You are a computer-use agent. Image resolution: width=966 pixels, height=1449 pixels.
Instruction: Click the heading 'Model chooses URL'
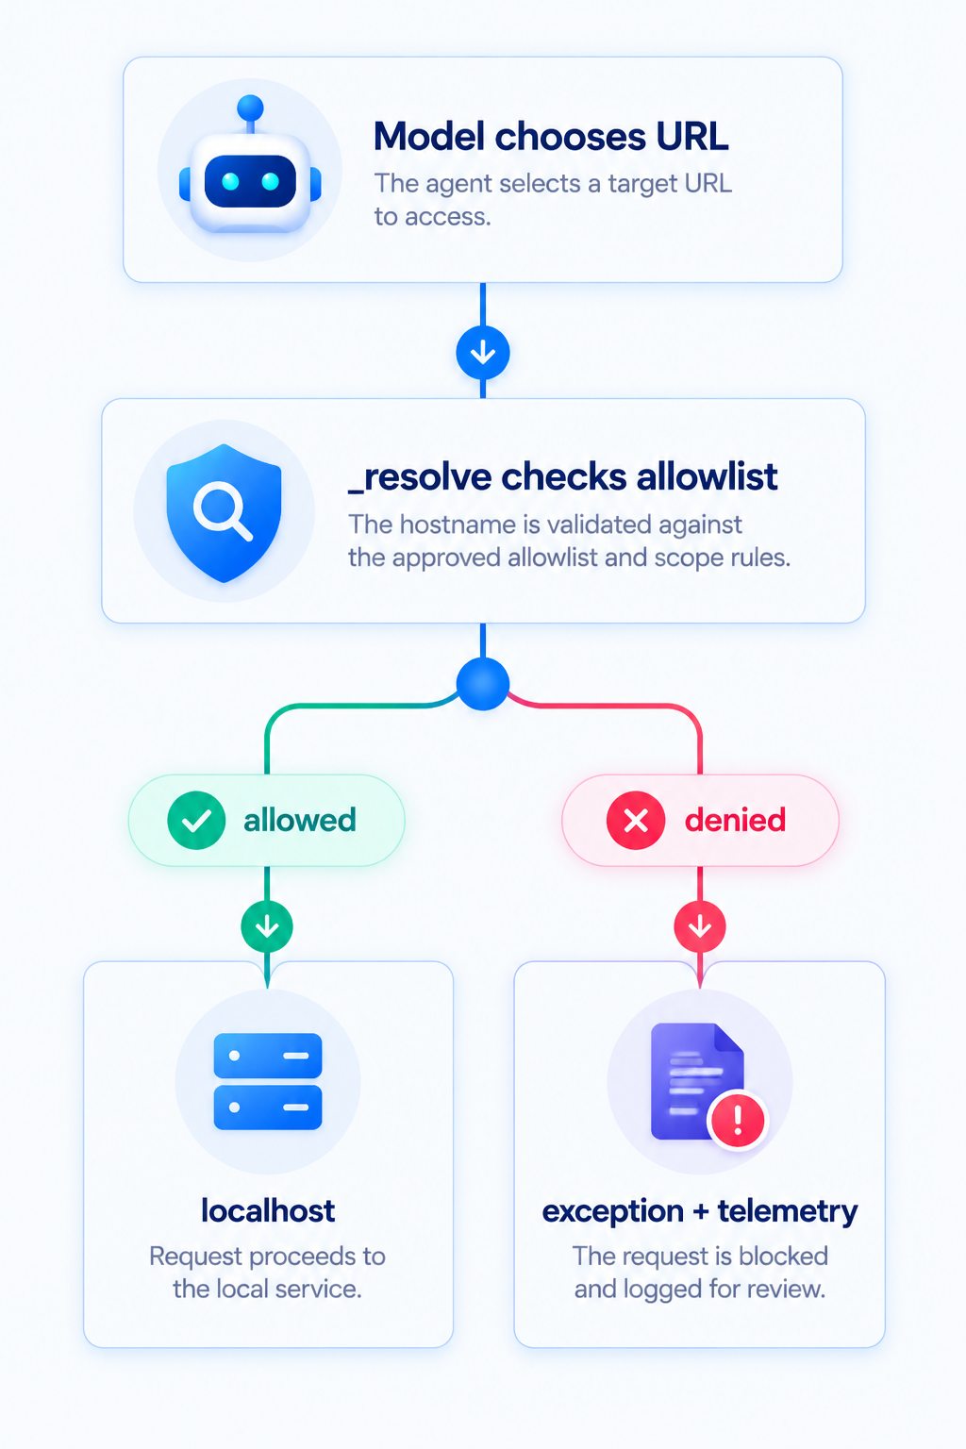point(551,137)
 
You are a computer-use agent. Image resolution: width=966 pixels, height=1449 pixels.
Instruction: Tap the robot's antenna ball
point(250,108)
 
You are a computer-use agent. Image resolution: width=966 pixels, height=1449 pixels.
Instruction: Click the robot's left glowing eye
point(230,182)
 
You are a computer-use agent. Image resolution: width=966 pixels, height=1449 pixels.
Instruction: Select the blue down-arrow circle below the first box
point(483,353)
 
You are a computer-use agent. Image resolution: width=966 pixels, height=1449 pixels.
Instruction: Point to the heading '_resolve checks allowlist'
point(563,477)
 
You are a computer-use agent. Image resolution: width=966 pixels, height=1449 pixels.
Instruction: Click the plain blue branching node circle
point(483,684)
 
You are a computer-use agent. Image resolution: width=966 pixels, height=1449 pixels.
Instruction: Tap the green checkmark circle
point(196,820)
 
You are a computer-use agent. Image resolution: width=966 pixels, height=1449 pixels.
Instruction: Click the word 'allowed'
point(300,820)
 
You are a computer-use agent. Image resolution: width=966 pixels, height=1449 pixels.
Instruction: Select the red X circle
point(636,820)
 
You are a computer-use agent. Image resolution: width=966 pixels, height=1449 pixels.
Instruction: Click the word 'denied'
point(735,820)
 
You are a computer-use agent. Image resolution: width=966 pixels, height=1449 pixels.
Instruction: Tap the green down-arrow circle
point(267,927)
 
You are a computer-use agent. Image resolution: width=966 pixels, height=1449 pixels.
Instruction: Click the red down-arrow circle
point(700,927)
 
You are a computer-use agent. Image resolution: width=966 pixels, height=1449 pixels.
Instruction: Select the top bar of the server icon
point(268,1056)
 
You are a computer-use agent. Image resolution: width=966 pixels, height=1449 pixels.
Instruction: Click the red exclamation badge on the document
point(738,1121)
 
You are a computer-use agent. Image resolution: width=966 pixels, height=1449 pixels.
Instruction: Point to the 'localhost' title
point(268,1210)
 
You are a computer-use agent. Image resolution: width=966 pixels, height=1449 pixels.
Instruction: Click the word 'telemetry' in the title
point(788,1211)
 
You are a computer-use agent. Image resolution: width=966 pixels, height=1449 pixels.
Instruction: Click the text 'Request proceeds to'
point(267,1257)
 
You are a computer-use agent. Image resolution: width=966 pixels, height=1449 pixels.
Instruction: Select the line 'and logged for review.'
point(700,1290)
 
